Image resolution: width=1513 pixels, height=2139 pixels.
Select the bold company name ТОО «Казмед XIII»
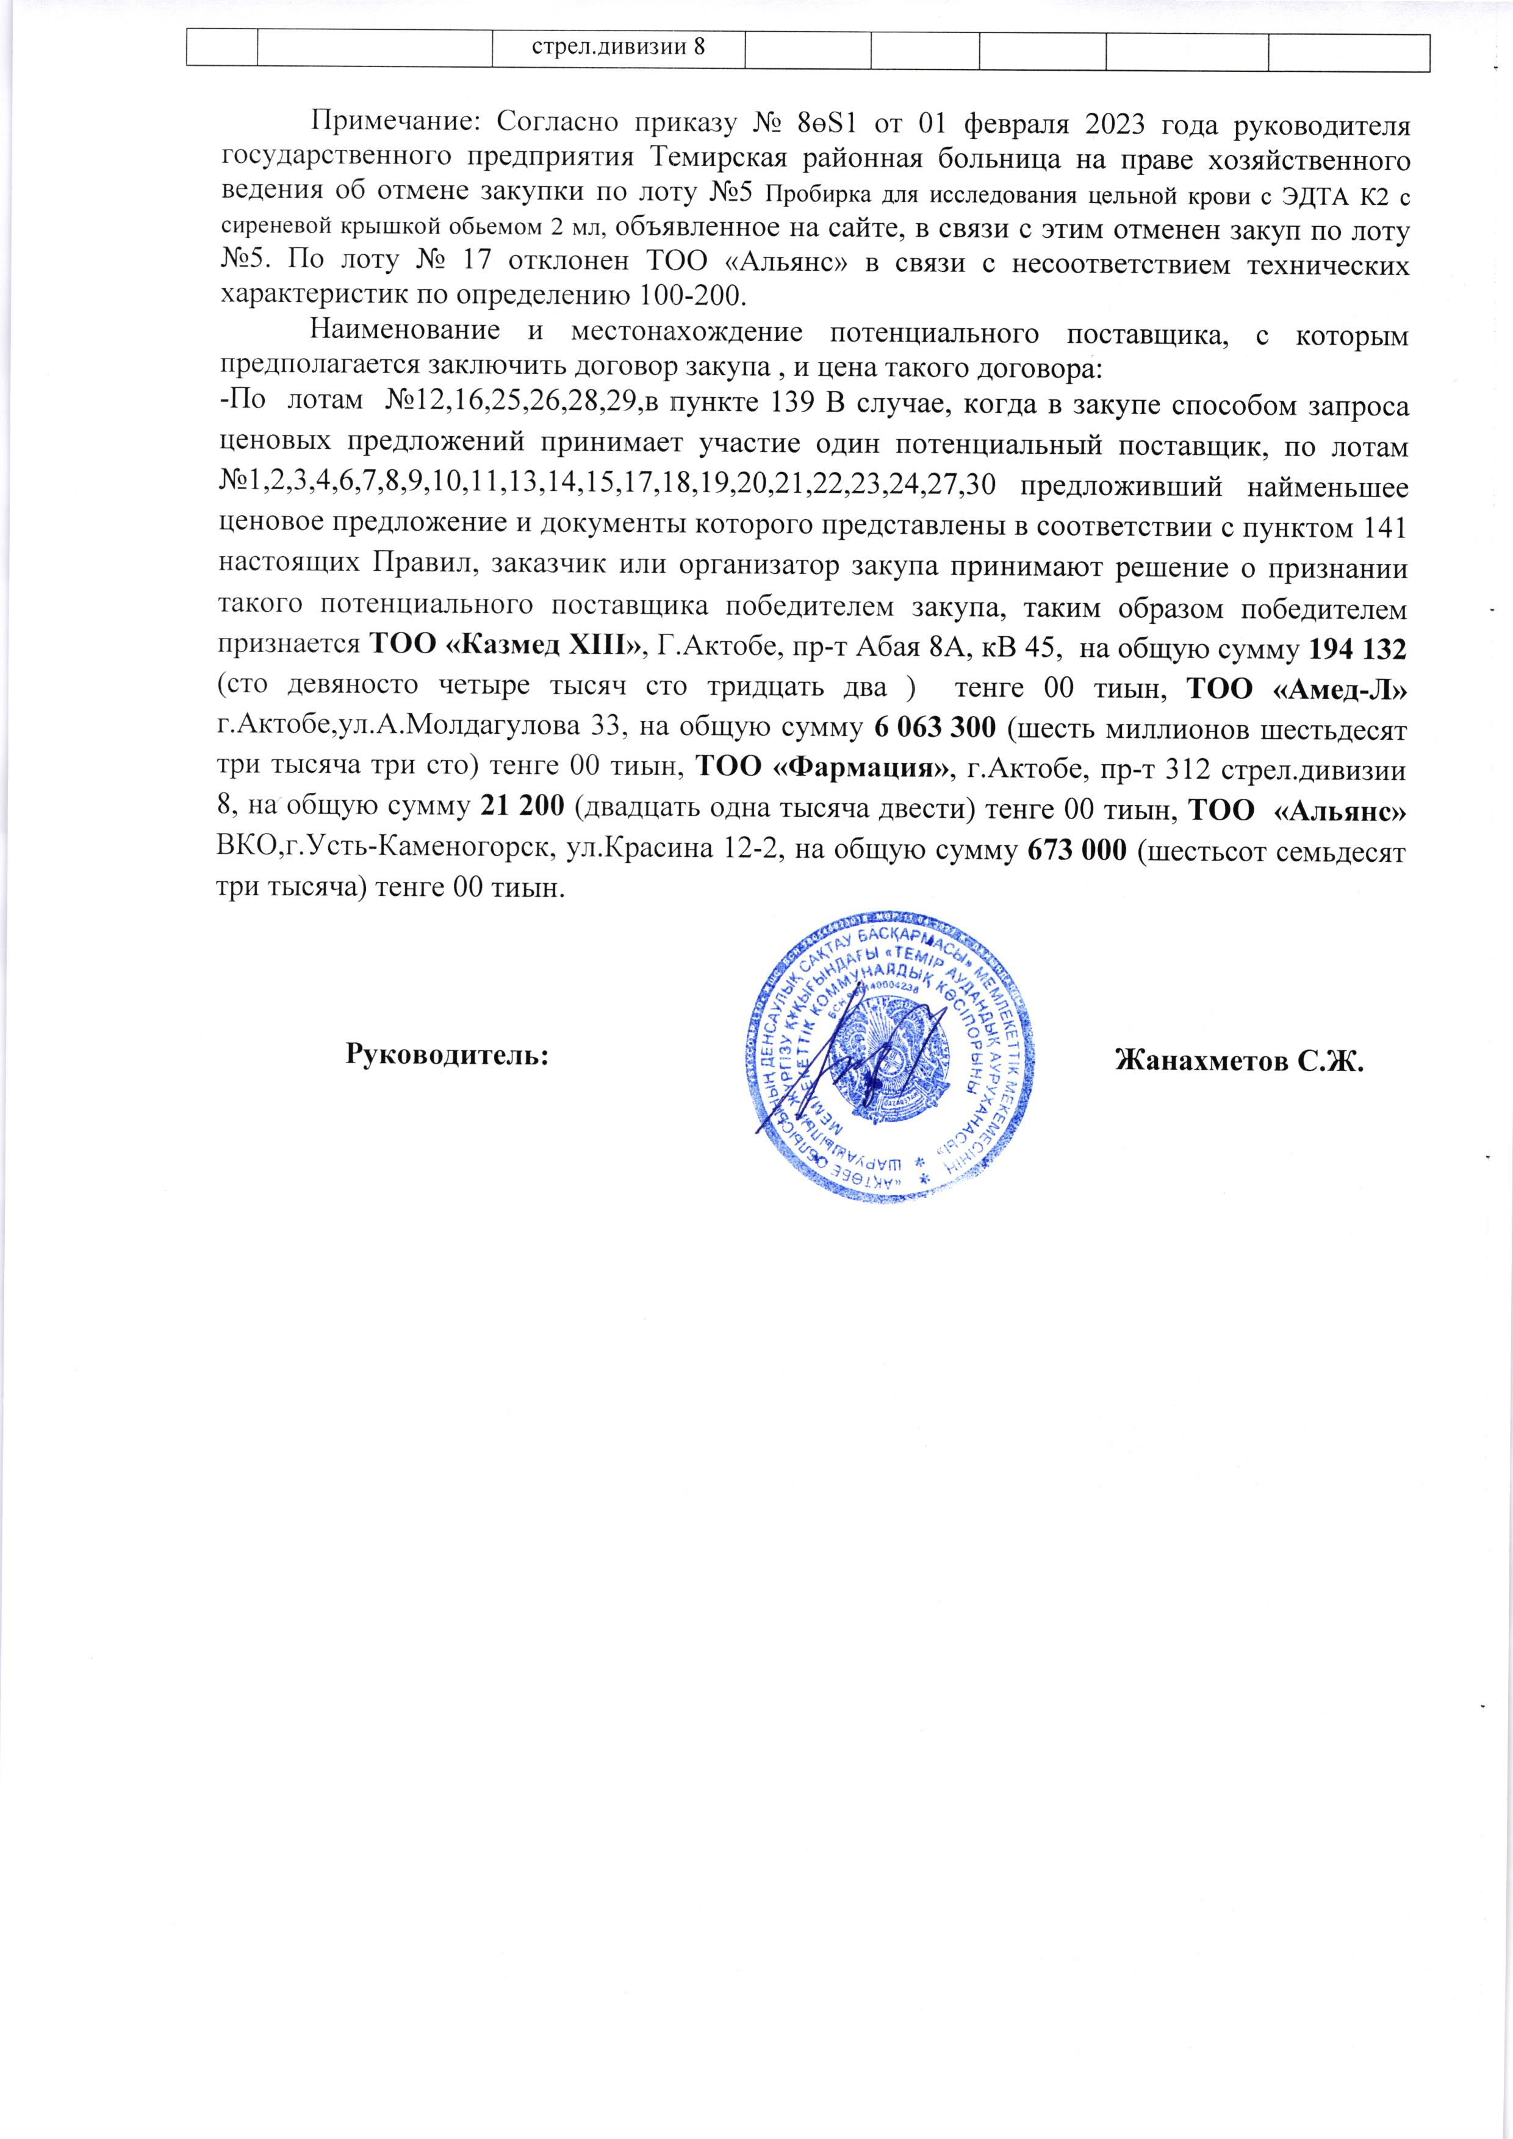[509, 643]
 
